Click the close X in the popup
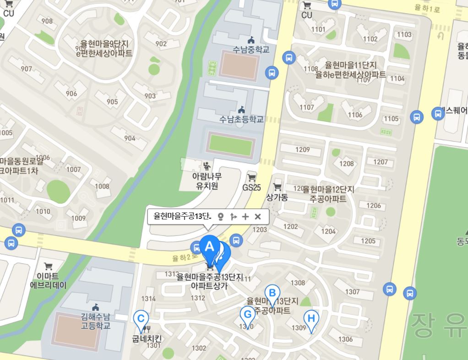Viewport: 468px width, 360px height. [x=258, y=217]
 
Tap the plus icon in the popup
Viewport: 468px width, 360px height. [x=245, y=217]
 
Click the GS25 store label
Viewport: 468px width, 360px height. [x=251, y=187]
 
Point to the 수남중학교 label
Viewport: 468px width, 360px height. [x=251, y=49]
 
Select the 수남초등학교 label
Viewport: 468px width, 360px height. [x=241, y=119]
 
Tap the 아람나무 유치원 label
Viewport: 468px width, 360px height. [x=207, y=181]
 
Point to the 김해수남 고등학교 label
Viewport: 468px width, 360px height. [x=96, y=321]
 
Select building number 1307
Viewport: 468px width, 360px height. [x=352, y=292]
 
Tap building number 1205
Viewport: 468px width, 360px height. [x=368, y=241]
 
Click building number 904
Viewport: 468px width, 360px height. [x=130, y=138]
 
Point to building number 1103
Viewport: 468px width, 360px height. [x=404, y=35]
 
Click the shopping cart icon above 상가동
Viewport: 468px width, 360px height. [x=277, y=187]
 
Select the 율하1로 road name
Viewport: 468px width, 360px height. [x=426, y=8]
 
